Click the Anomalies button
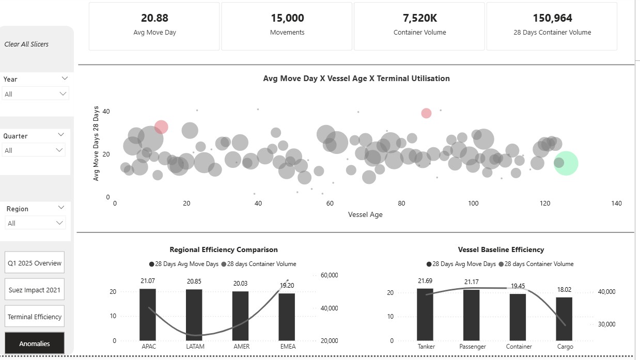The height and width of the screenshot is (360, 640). [35, 343]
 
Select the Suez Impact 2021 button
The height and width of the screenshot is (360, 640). [35, 290]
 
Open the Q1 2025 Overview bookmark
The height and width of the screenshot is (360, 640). [35, 263]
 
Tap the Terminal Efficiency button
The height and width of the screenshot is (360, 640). [35, 317]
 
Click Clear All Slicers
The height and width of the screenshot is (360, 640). [26, 44]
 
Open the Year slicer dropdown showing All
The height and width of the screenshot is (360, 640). [36, 94]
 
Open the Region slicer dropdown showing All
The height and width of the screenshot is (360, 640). [36, 223]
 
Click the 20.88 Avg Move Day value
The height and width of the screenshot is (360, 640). [154, 18]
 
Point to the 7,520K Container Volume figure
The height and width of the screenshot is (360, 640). [419, 18]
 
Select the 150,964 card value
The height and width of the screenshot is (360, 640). [552, 18]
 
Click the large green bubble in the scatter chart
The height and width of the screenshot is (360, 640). [566, 163]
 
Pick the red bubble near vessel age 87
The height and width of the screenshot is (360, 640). [426, 113]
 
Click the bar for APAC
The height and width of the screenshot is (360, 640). [147, 315]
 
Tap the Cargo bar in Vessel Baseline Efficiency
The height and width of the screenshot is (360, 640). [564, 319]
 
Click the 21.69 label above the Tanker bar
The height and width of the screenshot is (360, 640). [425, 281]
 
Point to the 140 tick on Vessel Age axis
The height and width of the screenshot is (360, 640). [616, 204]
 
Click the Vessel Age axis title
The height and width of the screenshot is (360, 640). [365, 214]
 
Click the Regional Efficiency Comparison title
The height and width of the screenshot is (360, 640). [224, 249]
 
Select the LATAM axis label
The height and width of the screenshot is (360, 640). [195, 347]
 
